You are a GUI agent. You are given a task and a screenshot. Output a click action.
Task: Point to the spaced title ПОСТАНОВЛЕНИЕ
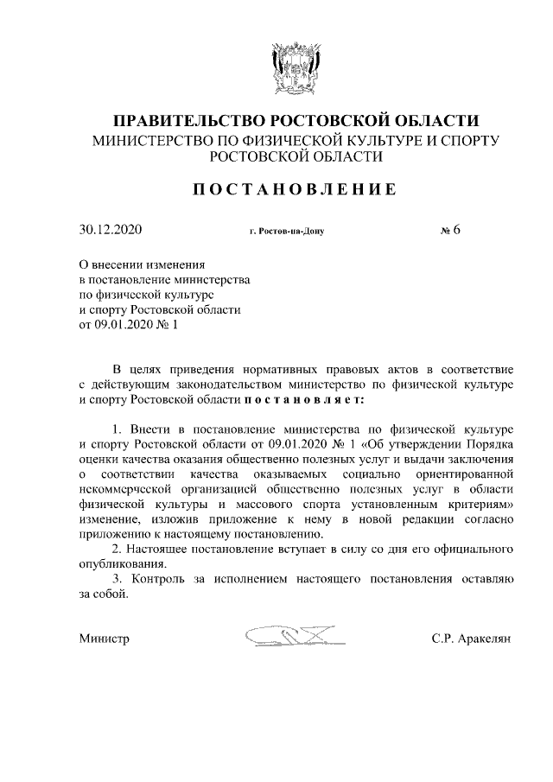(x=295, y=189)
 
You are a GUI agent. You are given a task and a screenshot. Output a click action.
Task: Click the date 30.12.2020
(x=110, y=230)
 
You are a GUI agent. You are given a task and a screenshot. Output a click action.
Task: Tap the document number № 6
(x=450, y=230)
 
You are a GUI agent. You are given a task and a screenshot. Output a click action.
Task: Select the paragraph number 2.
(x=118, y=549)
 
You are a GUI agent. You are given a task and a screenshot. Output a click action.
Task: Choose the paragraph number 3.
(x=118, y=579)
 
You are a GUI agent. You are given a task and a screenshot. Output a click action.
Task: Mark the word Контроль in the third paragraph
(x=157, y=579)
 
